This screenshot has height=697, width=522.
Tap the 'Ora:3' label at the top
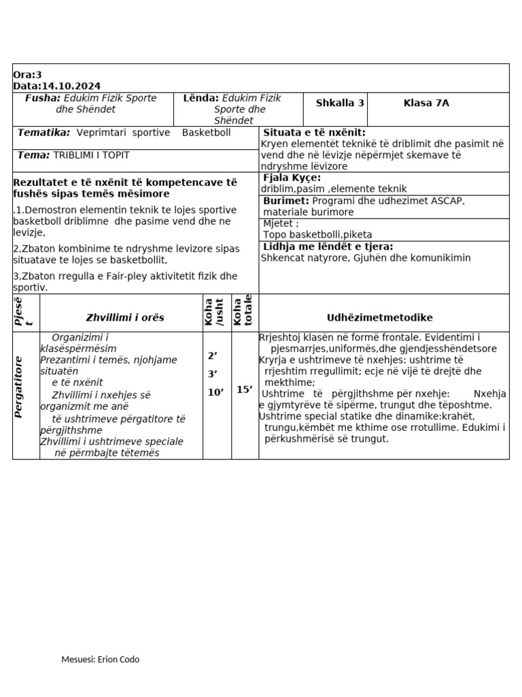27,75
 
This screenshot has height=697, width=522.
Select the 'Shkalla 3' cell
340,103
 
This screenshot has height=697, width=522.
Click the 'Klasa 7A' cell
426,103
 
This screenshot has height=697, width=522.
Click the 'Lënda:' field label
201,98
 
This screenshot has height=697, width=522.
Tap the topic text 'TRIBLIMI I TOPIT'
91,155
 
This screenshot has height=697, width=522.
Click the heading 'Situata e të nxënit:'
314,133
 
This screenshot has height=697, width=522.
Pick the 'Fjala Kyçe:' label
292,178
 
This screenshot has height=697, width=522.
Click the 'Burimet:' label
286,201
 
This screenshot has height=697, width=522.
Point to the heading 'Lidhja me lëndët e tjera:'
328,246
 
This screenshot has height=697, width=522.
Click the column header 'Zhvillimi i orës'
125,317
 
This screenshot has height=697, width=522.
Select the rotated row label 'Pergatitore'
19,387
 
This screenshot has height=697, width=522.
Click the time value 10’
215,392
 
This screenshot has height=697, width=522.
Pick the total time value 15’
244,390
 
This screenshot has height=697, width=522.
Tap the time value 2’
212,355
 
